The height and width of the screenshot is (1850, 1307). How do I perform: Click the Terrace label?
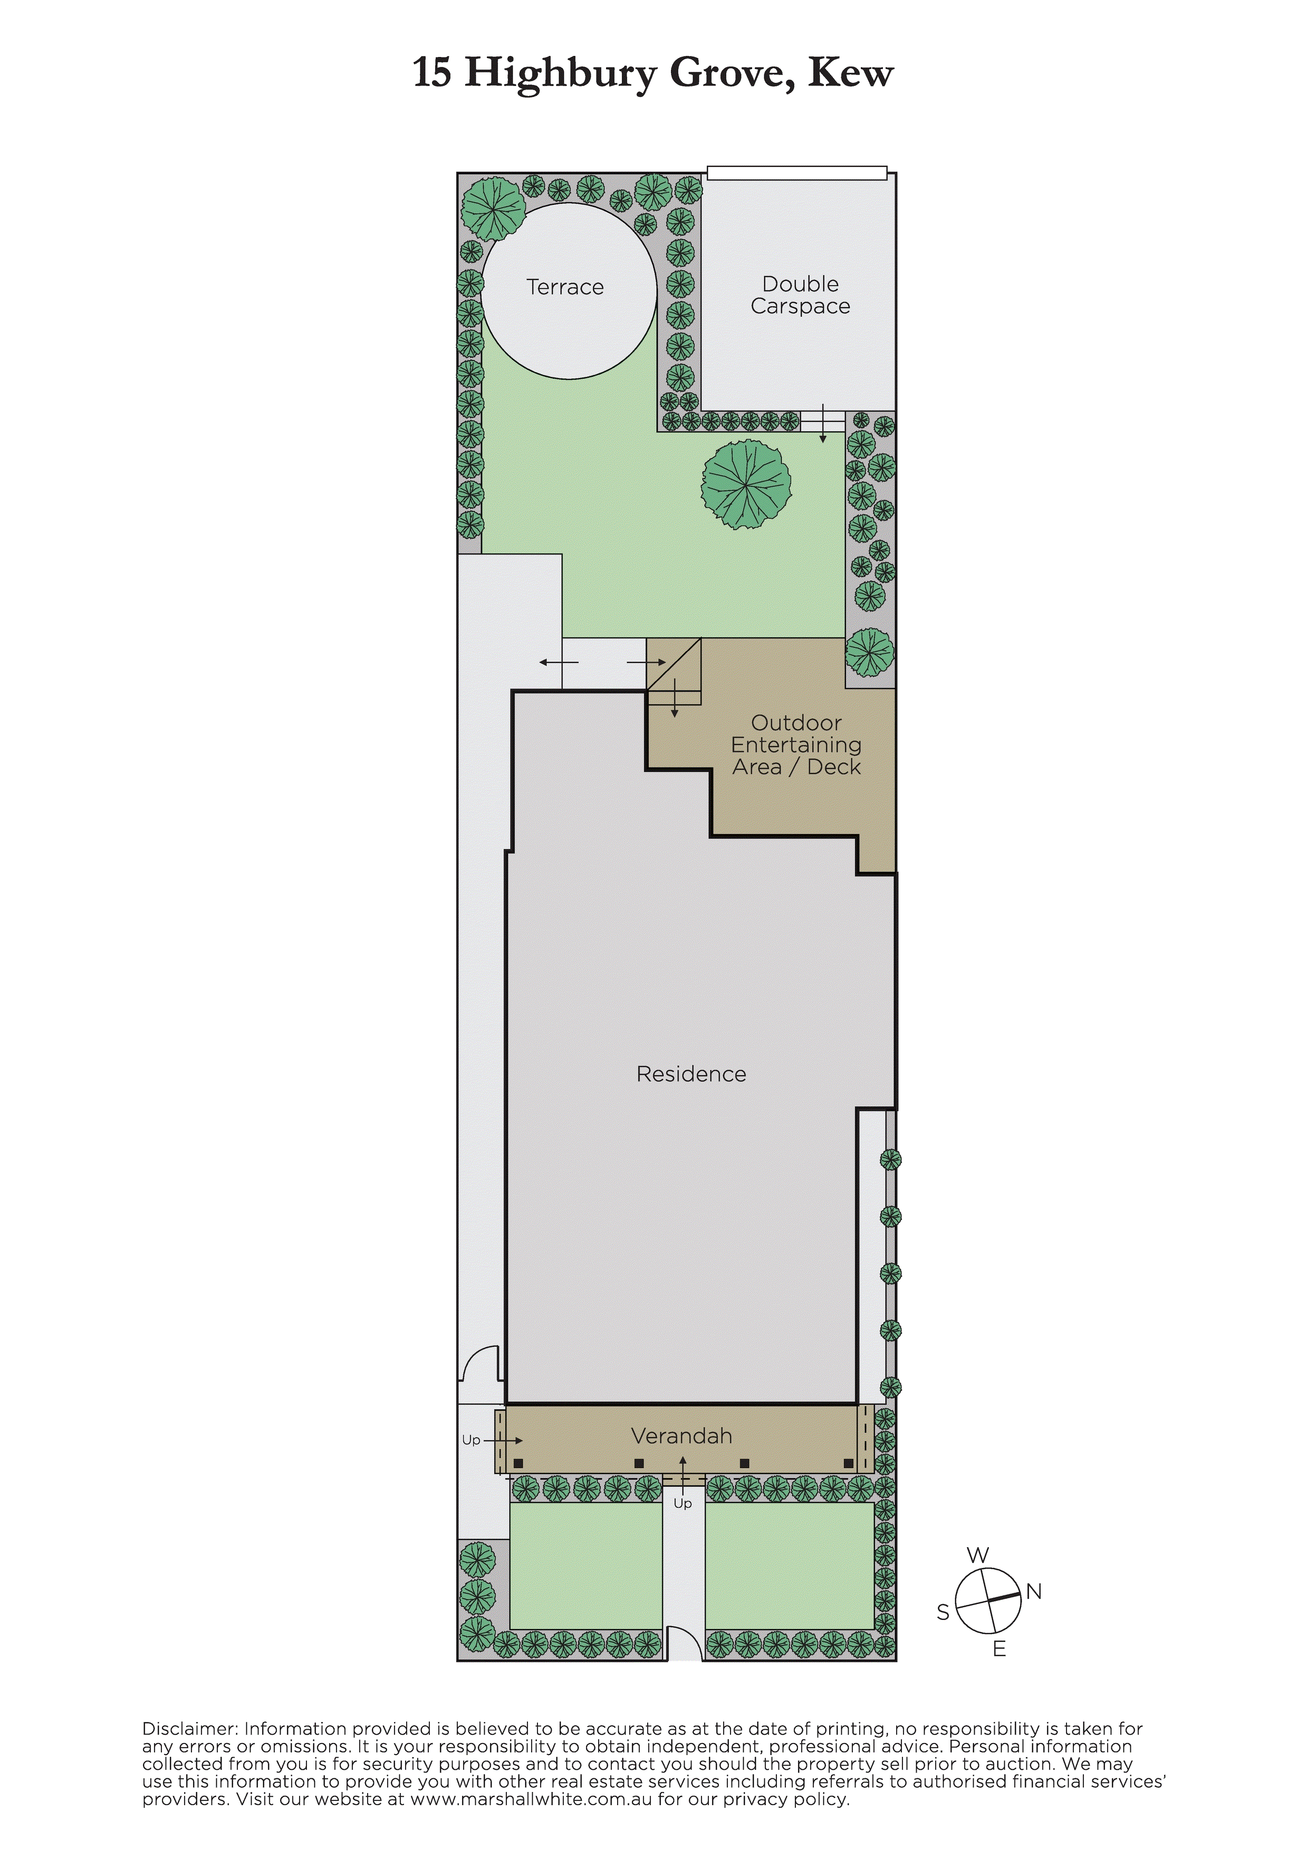point(565,287)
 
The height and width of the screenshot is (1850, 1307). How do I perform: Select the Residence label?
point(691,1074)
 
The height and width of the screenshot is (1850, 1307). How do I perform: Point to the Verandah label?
point(681,1436)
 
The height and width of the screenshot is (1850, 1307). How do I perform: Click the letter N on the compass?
point(1034,1592)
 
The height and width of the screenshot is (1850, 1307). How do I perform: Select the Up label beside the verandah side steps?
point(472,1440)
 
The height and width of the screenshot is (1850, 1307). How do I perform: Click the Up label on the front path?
point(683,1503)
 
